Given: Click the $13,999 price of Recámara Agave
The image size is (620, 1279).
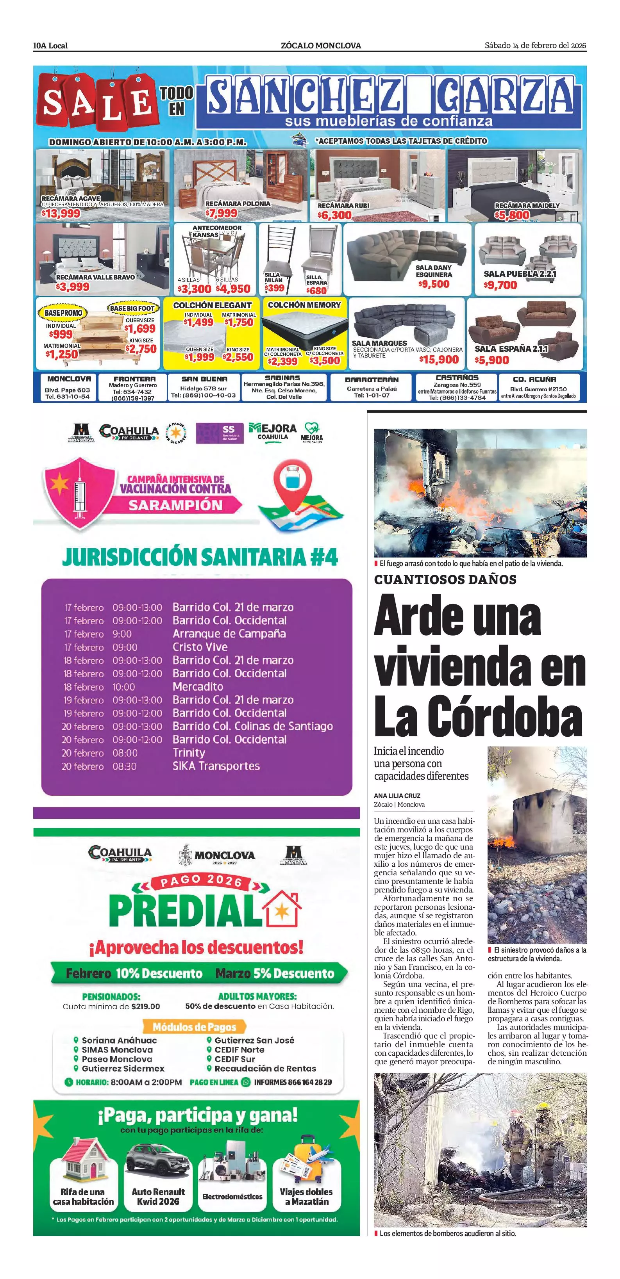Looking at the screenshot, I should coord(61,214).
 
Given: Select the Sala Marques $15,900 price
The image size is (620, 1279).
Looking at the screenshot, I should coord(438,359).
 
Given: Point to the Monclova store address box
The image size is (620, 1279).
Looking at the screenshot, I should coord(68,387).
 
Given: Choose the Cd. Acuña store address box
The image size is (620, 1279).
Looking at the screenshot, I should coord(538,387).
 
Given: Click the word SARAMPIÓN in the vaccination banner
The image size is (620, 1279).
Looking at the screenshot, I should coord(175,506).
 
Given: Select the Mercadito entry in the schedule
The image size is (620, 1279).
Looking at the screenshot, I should coord(198,687).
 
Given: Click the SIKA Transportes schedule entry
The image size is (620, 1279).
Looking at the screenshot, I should coord(216,766).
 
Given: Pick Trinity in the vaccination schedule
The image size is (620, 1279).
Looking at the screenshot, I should coord(189,753).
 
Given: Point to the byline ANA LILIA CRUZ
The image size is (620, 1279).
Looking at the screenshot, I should coord(397,795).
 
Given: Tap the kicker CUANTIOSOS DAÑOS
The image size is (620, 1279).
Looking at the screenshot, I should coord(445,579).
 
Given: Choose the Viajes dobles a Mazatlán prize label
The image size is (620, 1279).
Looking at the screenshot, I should coord(306,1196).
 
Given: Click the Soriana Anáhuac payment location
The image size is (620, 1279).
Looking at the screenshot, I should coord(119,1040).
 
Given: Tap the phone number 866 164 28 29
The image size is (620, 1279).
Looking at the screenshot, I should coord(293,1082).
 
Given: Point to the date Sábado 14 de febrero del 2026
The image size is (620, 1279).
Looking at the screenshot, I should coord(535,46).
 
